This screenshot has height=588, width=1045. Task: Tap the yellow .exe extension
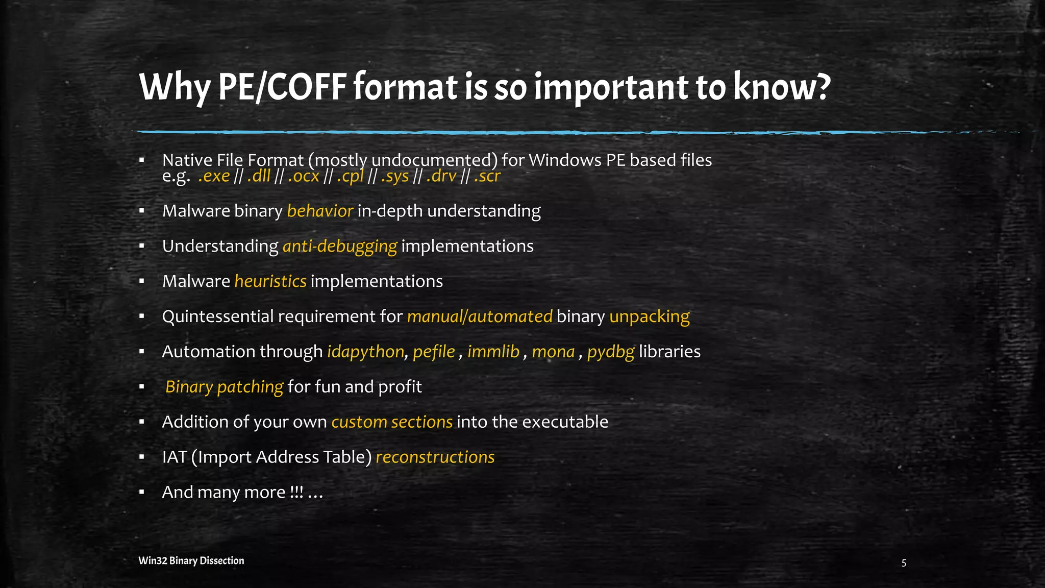[x=214, y=177]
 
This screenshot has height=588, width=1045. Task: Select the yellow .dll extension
[x=259, y=177]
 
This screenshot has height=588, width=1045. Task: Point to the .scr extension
[x=487, y=177]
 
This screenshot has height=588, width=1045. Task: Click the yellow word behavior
[x=320, y=211]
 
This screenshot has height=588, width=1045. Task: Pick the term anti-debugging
[x=339, y=247]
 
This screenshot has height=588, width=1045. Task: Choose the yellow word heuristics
[x=270, y=281]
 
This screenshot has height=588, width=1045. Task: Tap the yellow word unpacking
[x=649, y=317]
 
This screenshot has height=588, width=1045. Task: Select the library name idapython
[x=365, y=352]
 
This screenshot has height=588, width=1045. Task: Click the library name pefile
[x=434, y=352]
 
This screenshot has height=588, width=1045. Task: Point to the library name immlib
[x=493, y=352]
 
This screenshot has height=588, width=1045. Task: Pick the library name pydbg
[x=610, y=352]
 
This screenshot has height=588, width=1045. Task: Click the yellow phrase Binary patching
[x=224, y=387]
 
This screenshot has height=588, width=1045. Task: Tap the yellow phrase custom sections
[x=392, y=422]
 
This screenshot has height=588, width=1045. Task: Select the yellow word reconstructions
[x=435, y=457]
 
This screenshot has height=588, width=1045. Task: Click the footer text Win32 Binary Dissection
[x=191, y=560]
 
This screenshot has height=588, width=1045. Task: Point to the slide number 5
[x=904, y=563]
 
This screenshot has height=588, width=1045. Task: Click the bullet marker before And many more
[x=142, y=493]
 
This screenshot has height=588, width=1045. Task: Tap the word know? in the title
[x=782, y=87]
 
